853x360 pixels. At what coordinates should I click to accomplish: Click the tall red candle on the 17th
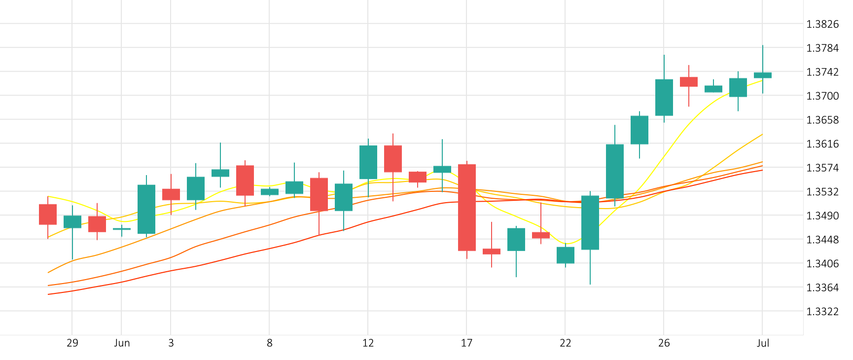[467, 207]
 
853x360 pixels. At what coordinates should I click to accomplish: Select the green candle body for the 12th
[368, 162]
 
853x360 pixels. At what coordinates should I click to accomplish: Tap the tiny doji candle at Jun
[122, 229]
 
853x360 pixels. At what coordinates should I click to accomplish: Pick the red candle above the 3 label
[171, 194]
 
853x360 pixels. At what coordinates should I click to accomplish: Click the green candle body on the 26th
[664, 97]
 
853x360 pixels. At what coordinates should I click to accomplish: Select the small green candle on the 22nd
[566, 255]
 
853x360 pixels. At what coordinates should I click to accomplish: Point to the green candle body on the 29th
[72, 221]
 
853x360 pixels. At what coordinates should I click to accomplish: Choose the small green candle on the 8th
[270, 192]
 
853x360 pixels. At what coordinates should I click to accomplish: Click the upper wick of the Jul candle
[763, 58]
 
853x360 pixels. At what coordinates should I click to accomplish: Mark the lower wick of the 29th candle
[72, 244]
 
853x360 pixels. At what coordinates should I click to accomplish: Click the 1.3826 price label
[822, 24]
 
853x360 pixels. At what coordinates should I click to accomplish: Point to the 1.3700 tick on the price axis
[822, 96]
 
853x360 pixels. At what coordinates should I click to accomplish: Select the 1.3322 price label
[822, 312]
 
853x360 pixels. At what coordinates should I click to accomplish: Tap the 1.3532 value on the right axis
[822, 192]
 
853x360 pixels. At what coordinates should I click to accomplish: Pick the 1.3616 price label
[822, 144]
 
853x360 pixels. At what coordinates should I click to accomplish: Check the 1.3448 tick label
[822, 240]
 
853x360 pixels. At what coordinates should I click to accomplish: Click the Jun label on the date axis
[122, 343]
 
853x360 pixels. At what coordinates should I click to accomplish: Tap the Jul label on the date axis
[763, 343]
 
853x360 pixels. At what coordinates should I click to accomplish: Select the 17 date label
[467, 343]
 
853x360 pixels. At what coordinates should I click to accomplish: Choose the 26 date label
[664, 343]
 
